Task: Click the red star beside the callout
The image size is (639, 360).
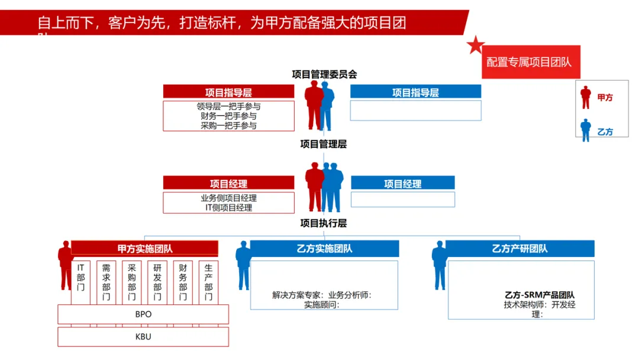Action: (476, 45)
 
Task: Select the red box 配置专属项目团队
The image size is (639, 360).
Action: (529, 62)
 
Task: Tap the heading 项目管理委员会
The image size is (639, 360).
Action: (324, 74)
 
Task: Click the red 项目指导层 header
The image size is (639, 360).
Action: (228, 92)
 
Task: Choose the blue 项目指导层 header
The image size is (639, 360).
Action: (415, 92)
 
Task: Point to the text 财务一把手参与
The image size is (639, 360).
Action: (228, 116)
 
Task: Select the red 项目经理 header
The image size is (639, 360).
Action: (228, 184)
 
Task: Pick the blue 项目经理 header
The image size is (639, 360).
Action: (402, 184)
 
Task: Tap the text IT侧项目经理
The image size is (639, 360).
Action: (228, 208)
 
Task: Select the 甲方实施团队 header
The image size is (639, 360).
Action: (145, 249)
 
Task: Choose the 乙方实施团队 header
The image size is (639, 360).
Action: (324, 249)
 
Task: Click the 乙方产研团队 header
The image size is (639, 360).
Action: (519, 249)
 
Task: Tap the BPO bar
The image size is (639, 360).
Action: (143, 314)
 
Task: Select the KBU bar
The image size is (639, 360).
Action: (143, 337)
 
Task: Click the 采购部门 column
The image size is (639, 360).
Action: (132, 282)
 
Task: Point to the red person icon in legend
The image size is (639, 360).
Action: (586, 97)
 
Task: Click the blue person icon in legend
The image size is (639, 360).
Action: (586, 130)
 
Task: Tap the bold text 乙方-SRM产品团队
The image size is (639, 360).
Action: (540, 295)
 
